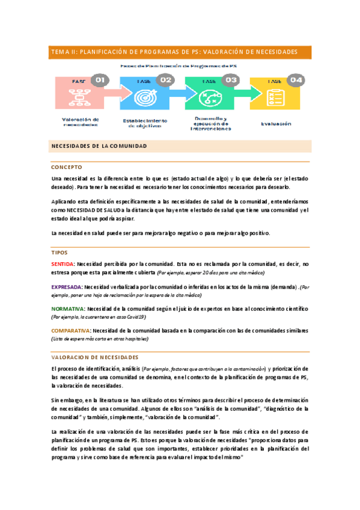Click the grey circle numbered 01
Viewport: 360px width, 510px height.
click(100, 79)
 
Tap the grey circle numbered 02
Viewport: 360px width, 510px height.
click(165, 79)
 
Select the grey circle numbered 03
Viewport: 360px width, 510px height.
click(231, 79)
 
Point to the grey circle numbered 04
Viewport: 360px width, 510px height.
click(296, 79)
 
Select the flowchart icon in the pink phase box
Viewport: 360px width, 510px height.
click(79, 96)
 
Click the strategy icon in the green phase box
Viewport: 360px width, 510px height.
click(209, 96)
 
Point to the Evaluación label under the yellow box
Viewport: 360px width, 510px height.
click(276, 124)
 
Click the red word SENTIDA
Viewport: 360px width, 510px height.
click(63, 264)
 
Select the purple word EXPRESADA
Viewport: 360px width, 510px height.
click(67, 287)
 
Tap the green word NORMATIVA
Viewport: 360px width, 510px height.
click(67, 309)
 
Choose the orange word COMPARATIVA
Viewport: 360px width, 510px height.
click(71, 331)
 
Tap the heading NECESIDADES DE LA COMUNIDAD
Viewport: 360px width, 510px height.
click(99, 146)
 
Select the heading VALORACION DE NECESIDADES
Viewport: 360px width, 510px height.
click(95, 357)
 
